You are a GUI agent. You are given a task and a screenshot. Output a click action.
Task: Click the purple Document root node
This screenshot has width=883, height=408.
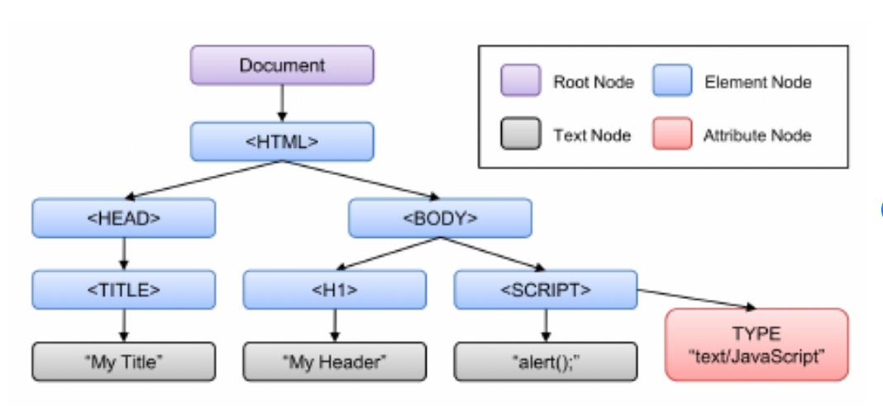tap(282, 65)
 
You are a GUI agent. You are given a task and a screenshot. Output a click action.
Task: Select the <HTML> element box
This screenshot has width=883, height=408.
tap(282, 141)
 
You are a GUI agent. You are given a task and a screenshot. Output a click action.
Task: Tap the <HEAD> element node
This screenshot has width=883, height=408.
tap(124, 218)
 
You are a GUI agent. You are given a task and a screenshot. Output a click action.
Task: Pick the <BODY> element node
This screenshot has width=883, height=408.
tap(440, 218)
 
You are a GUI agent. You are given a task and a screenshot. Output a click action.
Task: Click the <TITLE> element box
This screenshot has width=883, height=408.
tap(124, 289)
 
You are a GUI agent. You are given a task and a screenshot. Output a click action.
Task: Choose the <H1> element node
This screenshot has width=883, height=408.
tap(334, 289)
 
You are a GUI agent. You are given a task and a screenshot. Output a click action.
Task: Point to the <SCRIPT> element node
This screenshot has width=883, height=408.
tap(546, 289)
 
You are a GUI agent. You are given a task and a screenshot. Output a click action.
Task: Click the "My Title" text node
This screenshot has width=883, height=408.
tap(124, 361)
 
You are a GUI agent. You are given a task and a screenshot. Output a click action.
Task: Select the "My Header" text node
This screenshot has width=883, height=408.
tap(334, 361)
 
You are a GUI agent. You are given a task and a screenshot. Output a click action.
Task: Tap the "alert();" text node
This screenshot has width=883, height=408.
tap(546, 361)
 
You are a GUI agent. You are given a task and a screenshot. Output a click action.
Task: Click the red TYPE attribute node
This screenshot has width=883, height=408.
tap(756, 345)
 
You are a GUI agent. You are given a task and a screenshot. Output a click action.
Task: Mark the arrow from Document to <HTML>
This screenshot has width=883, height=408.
tap(282, 103)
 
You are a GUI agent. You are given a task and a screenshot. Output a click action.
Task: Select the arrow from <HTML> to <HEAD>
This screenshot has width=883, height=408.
tap(202, 180)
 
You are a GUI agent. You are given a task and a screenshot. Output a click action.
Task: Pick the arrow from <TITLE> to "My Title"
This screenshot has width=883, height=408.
tap(124, 325)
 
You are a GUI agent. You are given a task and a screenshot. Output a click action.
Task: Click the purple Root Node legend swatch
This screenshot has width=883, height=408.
tap(520, 82)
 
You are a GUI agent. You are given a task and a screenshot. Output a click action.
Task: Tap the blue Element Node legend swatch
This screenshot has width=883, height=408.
tap(671, 82)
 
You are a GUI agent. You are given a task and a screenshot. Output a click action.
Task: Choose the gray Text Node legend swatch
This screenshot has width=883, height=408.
tap(520, 135)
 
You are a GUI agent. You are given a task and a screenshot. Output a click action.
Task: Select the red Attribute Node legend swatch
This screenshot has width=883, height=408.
tap(671, 135)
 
